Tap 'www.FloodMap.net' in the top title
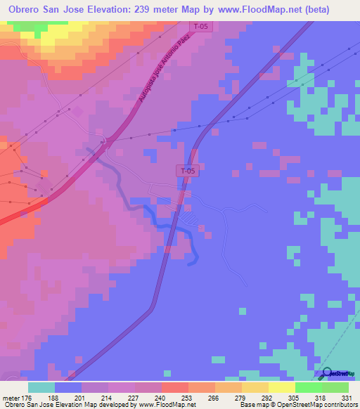272,11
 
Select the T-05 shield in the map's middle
184,171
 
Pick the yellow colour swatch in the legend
281,387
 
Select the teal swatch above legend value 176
41,387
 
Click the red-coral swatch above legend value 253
174,387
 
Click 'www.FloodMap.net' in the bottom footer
167,405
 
